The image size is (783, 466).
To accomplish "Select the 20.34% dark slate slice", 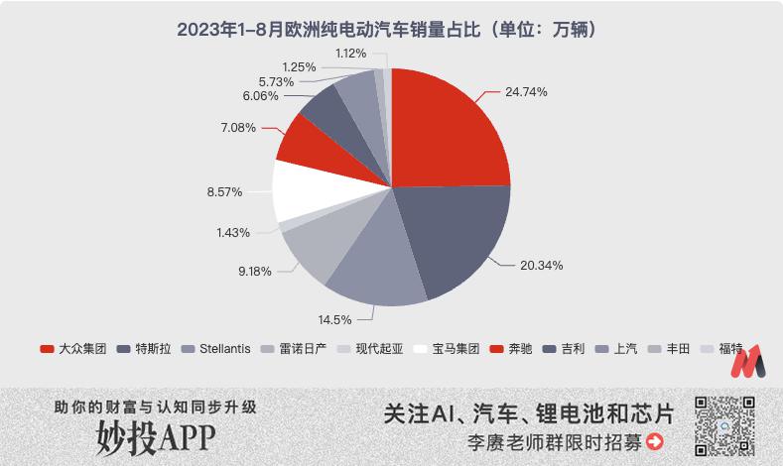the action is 450,235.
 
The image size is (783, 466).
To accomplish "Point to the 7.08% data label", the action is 238,128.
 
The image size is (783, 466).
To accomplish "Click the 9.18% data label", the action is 255,272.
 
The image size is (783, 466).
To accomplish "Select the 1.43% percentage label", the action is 233,232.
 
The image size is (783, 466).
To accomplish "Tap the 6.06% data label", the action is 260,96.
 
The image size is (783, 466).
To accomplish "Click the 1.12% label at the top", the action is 350,54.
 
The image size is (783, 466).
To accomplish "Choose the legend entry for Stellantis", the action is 216,349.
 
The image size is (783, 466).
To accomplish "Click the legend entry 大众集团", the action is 73,349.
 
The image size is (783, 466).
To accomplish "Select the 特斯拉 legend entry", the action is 144,349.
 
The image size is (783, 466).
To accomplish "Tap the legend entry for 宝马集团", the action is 447,349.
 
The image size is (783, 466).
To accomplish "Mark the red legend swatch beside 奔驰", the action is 496,349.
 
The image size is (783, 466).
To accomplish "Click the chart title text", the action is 387,30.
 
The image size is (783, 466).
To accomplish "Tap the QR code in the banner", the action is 724,426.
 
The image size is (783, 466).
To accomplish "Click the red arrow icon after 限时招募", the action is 655,441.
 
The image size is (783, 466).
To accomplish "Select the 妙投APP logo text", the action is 156,437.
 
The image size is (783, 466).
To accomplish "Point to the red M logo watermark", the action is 747,361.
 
